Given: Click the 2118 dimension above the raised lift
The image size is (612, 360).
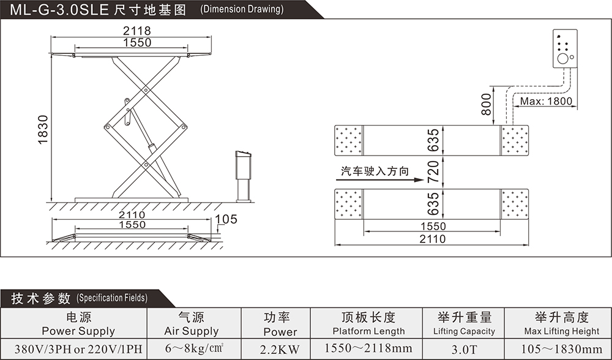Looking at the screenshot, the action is pyautogui.click(x=136, y=30).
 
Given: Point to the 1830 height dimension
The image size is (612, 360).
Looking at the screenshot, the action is pyautogui.click(x=43, y=130).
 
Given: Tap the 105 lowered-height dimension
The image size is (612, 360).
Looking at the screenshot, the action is pyautogui.click(x=226, y=219).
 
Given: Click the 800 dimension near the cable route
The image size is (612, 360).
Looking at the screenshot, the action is pyautogui.click(x=486, y=104).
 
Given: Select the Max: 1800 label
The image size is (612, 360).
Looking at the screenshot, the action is pyautogui.click(x=546, y=101).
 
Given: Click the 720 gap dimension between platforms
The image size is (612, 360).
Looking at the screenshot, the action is pyautogui.click(x=433, y=172).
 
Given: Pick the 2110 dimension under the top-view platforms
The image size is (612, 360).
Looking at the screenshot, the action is pyautogui.click(x=433, y=239).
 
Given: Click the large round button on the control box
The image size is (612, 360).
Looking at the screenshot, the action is pyautogui.click(x=562, y=59).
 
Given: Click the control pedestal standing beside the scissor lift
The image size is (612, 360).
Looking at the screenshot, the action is pyautogui.click(x=244, y=176).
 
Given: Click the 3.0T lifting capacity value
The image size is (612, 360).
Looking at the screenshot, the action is pyautogui.click(x=464, y=349).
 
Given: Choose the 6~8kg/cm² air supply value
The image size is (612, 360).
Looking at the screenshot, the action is pyautogui.click(x=194, y=348).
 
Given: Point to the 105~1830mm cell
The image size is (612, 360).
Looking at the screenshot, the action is pyautogui.click(x=562, y=349).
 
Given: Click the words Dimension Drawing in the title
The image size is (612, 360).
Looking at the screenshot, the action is pyautogui.click(x=242, y=9).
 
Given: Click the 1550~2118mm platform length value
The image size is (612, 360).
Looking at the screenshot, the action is pyautogui.click(x=368, y=348).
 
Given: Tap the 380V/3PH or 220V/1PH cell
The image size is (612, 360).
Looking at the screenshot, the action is pyautogui.click(x=78, y=349).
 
